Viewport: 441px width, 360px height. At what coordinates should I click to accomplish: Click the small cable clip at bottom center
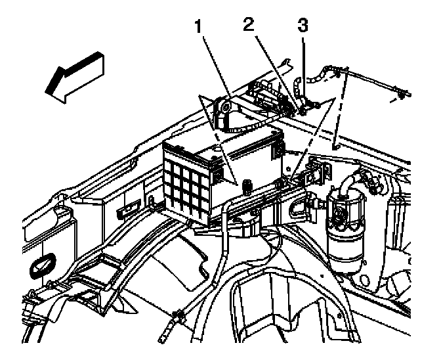coord(175,321)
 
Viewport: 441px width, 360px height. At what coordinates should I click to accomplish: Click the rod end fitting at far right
coord(400,96)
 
